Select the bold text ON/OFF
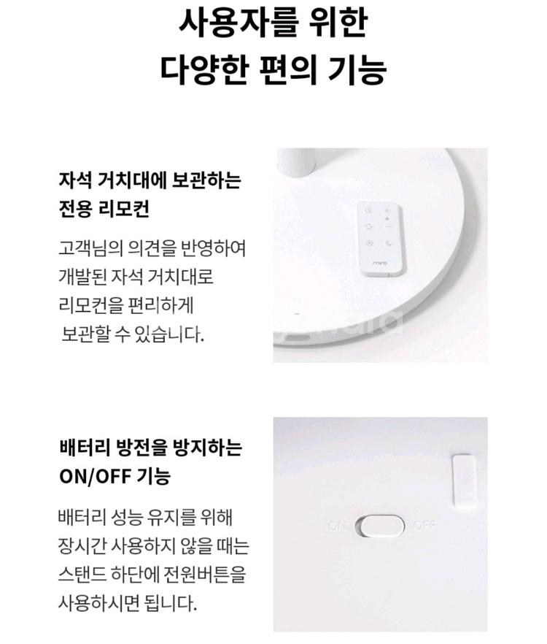tap(93, 477)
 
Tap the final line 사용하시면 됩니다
tap(127, 605)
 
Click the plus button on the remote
tap(387, 211)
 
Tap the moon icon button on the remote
tap(388, 243)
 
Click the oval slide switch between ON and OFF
tap(379, 526)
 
